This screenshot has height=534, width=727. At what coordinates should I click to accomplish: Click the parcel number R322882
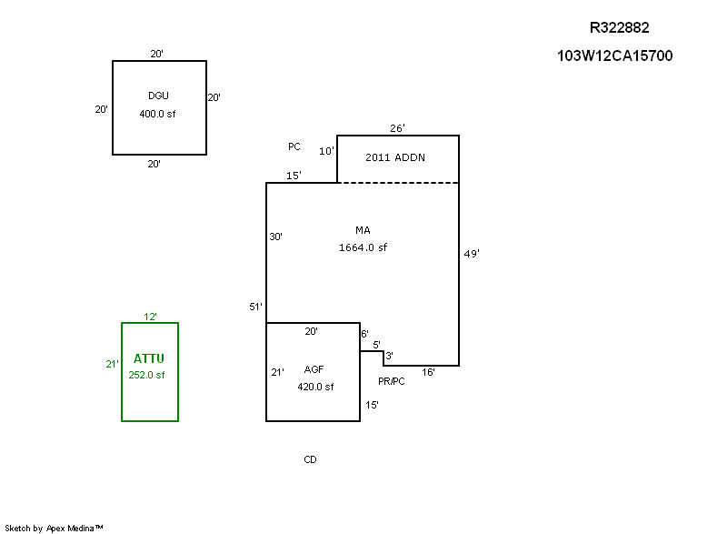(620, 28)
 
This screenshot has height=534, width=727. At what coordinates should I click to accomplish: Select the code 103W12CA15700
(614, 55)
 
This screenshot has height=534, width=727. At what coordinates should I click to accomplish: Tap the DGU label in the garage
(159, 96)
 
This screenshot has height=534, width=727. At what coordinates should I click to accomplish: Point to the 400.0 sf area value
(157, 114)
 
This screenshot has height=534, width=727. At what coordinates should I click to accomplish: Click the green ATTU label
(149, 358)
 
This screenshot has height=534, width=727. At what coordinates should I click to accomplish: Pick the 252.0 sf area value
(147, 374)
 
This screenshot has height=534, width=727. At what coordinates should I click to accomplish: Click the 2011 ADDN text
(395, 157)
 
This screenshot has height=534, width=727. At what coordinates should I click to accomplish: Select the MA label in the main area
(363, 230)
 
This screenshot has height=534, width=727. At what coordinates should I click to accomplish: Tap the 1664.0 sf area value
(363, 247)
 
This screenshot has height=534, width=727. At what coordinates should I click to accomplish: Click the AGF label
(313, 369)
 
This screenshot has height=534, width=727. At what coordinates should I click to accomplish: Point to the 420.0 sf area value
(315, 387)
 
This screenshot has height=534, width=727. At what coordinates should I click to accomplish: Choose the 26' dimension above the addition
(397, 128)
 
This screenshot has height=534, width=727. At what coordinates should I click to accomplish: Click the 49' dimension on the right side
(472, 255)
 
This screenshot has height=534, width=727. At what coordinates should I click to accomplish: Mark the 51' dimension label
(256, 307)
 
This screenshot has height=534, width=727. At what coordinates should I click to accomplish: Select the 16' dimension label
(428, 372)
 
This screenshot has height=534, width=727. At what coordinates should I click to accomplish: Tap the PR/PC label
(392, 381)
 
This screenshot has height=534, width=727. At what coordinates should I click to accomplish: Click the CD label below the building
(310, 459)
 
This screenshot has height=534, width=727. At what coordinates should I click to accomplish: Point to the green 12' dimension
(151, 317)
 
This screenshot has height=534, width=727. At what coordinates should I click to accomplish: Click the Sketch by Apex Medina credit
(54, 528)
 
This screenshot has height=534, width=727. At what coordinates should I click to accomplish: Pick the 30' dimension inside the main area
(275, 237)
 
